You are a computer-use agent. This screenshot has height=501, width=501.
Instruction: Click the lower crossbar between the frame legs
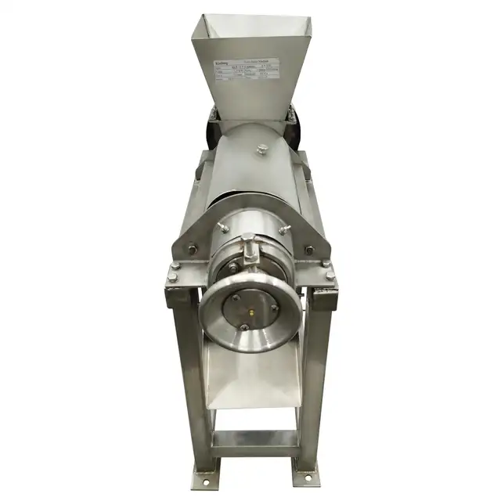254,438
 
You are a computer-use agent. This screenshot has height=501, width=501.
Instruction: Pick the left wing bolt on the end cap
223,228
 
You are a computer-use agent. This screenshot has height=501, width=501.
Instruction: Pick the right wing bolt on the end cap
283,229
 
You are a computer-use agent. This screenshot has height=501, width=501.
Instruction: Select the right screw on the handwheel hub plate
274,307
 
